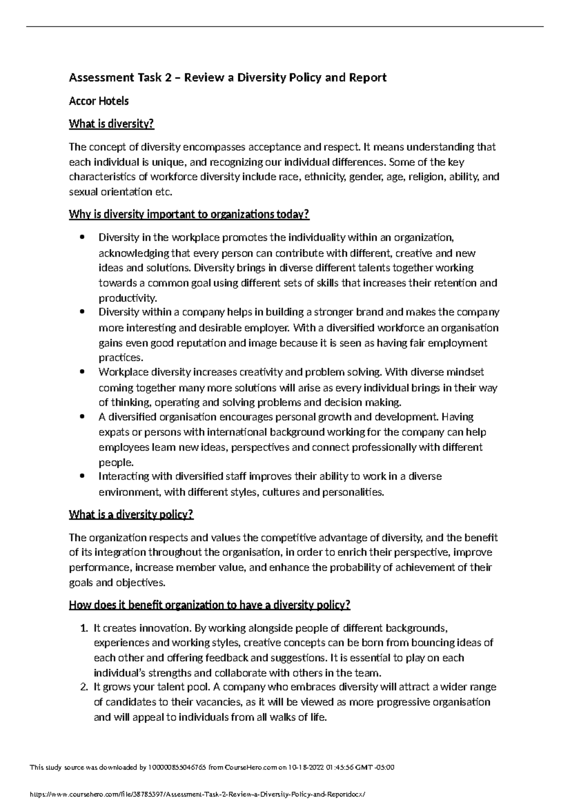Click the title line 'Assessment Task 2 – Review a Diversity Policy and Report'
[228, 77]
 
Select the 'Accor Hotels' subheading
[99, 101]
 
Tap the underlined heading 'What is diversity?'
[112, 124]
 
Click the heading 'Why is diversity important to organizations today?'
[189, 215]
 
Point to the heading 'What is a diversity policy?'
[131, 515]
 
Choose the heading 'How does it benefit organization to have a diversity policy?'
[209, 605]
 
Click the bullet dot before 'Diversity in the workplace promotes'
[83, 237]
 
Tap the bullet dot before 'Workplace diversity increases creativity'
[83, 372]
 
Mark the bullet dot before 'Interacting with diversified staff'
[83, 477]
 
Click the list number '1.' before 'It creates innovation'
[84, 628]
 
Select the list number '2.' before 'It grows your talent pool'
[84, 687]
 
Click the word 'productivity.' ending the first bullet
[127, 298]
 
